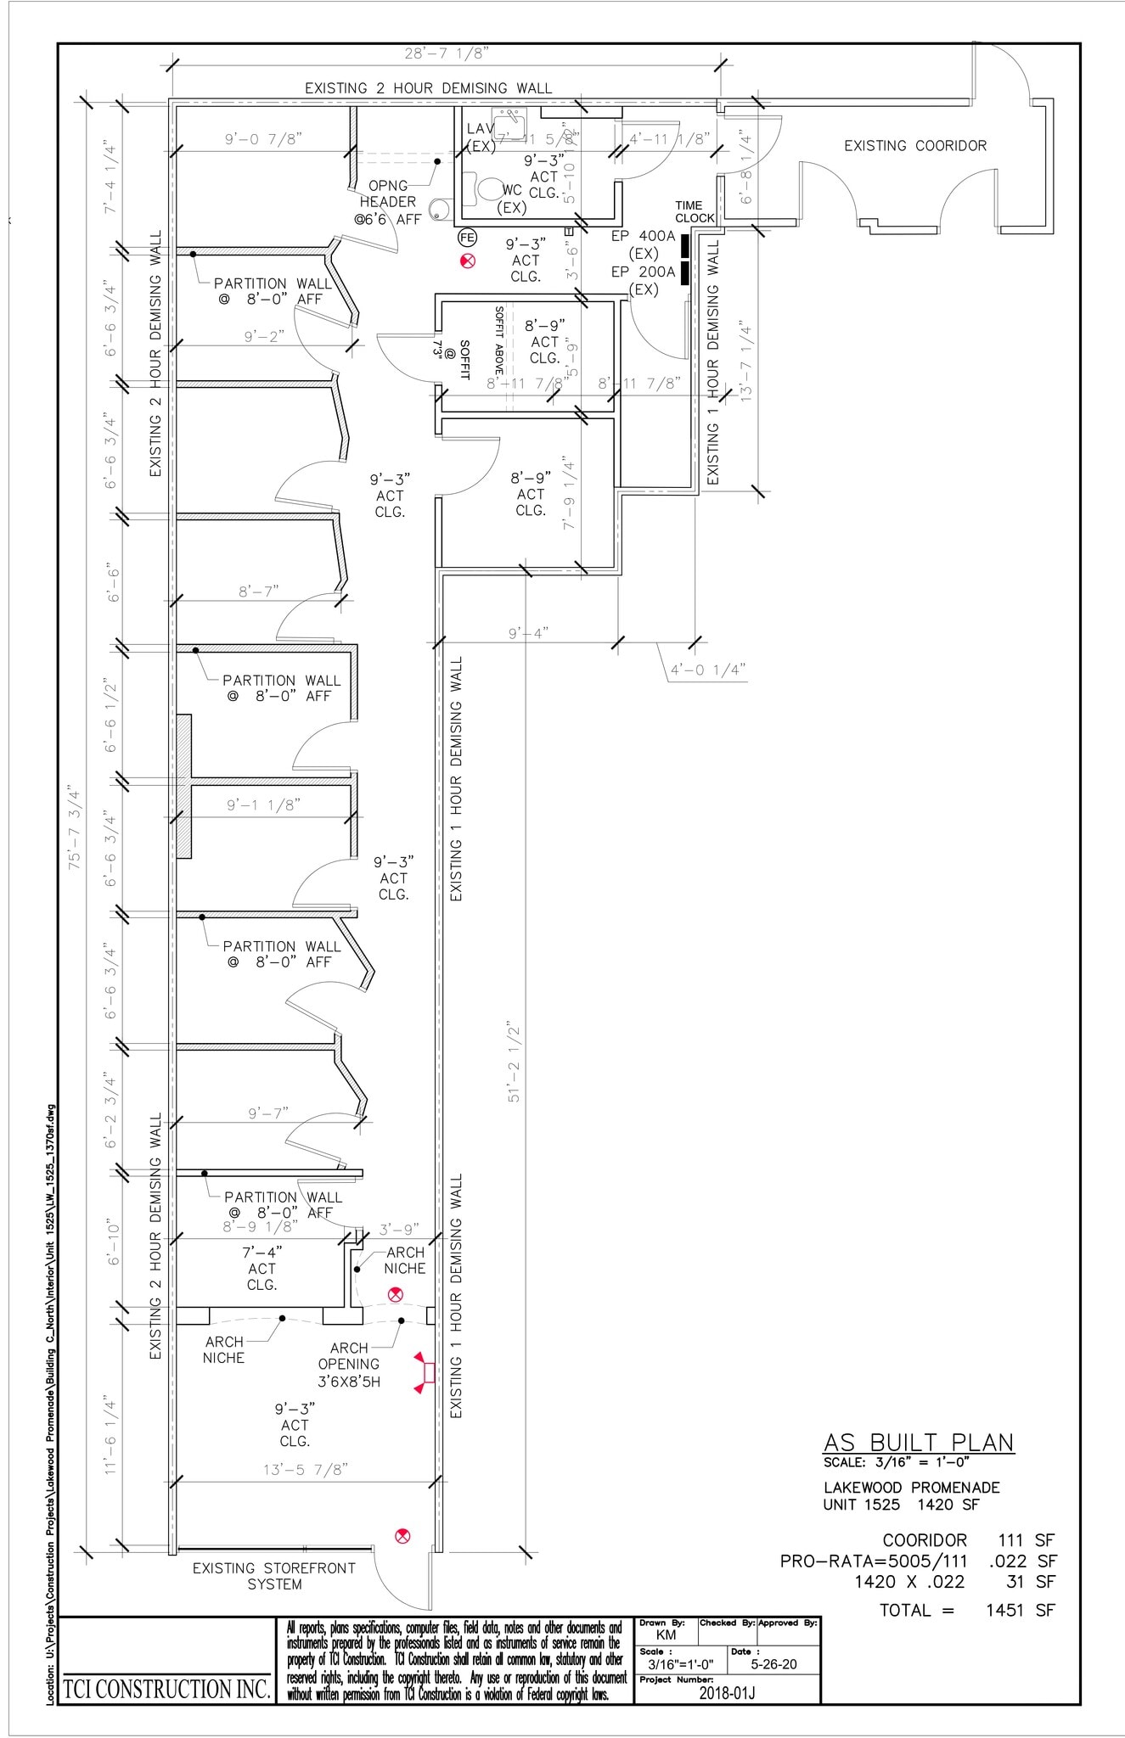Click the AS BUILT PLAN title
coord(919,1442)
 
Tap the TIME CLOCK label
coord(695,211)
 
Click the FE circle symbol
coord(467,238)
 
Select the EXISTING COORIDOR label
coord(914,146)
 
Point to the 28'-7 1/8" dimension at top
coord(445,53)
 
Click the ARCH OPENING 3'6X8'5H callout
coord(349,1364)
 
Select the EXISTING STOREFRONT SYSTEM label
coord(273,1576)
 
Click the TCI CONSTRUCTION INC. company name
coord(167,1689)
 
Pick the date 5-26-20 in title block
coord(774,1664)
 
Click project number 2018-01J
coord(727,1693)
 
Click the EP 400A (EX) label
coord(643,244)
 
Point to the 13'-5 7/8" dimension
coord(306,1469)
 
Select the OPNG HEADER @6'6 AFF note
coord(389,202)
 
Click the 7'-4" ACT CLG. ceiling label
coord(262,1268)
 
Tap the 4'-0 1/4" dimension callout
coord(707,670)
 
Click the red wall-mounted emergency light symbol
coord(421,1372)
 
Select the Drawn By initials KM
coord(666,1634)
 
